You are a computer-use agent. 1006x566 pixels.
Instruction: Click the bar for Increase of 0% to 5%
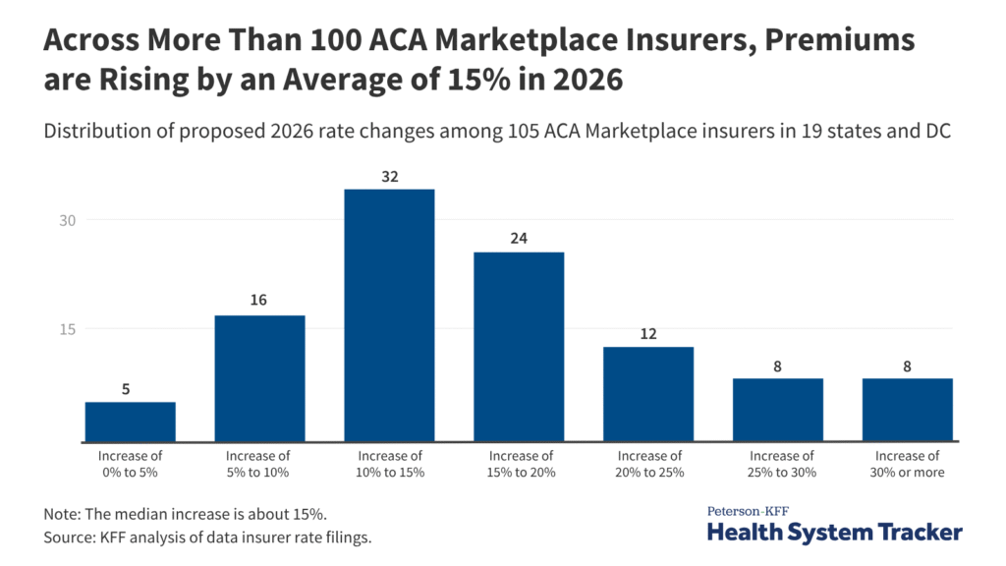[130, 422]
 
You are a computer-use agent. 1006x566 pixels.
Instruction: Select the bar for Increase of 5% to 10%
[259, 378]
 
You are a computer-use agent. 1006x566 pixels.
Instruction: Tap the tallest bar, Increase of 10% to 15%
[389, 314]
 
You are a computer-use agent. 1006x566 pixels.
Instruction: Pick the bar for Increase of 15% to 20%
[519, 347]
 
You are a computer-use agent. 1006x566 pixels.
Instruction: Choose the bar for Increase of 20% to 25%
[648, 394]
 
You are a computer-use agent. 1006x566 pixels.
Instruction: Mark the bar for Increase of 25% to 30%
[778, 410]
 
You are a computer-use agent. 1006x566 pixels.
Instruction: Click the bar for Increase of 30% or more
[908, 410]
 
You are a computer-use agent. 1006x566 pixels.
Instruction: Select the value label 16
[259, 300]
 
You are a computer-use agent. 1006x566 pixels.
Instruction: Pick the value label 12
[648, 332]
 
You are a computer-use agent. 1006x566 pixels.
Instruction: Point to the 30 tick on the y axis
[66, 220]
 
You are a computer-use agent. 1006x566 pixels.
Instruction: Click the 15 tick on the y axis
[66, 329]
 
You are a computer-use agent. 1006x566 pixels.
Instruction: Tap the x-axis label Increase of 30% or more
[908, 464]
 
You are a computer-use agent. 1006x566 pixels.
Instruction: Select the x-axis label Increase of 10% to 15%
[389, 464]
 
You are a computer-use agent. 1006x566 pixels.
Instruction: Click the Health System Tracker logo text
[835, 532]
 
